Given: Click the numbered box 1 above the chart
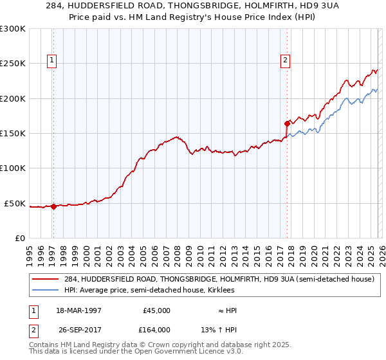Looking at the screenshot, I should [51, 61].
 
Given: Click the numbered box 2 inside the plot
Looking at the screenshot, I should [284, 61].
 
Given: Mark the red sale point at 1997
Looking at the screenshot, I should [53, 206].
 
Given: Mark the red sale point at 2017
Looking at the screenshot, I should [287, 123].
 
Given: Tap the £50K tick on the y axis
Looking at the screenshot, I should [15, 203].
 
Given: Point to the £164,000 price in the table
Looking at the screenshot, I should [156, 330].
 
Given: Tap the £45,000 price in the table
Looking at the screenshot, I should [156, 310].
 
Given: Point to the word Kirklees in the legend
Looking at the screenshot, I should [243, 290].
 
